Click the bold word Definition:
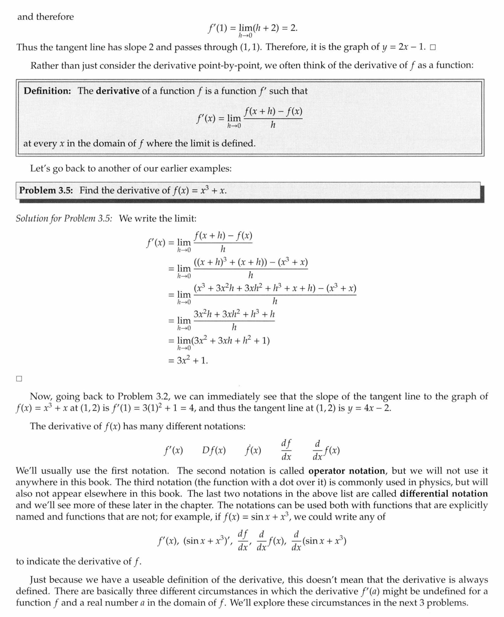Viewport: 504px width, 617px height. pyautogui.click(x=47, y=91)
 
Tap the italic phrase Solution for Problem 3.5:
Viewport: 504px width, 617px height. pyautogui.click(x=64, y=218)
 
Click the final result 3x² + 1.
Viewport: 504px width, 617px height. pyautogui.click(x=192, y=361)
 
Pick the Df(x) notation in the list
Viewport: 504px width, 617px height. pyautogui.click(x=214, y=450)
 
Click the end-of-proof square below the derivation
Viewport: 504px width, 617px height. pyautogui.click(x=19, y=378)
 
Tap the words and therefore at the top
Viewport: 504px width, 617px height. pyautogui.click(x=46, y=17)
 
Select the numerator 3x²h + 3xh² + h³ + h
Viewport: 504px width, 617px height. pyautogui.click(x=234, y=314)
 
